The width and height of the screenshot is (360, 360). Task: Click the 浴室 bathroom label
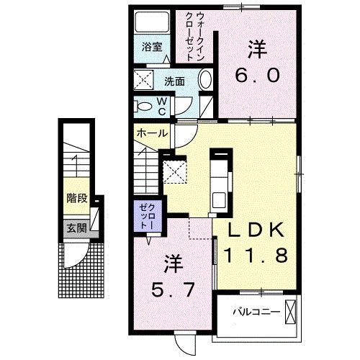pos(152,47)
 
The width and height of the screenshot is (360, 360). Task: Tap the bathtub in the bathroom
pos(152,22)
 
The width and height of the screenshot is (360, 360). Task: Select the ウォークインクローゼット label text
pos(195,37)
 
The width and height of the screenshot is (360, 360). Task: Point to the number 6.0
pos(257,75)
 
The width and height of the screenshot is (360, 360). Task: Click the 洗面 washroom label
pos(174,81)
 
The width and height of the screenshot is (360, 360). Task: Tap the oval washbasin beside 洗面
pos(206,78)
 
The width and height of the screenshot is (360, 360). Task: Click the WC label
pos(162,107)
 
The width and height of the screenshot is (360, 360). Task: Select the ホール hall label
pos(152,133)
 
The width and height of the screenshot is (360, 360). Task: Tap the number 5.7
pos(173,289)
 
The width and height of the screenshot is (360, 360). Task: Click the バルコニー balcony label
pos(256,312)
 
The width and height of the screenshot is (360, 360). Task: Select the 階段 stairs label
pos(77,198)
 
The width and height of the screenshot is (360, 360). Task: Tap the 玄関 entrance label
pos(77,228)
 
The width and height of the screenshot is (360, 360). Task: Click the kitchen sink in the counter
pos(219,200)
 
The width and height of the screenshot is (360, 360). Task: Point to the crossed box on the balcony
pos(291,312)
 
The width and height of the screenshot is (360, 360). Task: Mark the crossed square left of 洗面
pos(143,80)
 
